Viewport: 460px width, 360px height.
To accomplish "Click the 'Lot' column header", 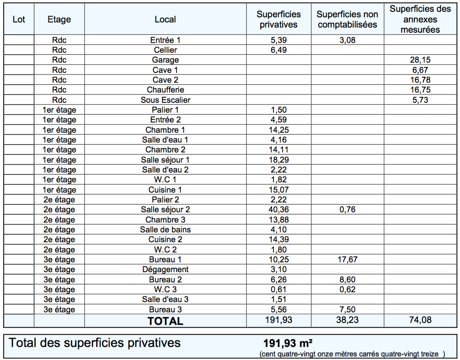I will pos(19,19).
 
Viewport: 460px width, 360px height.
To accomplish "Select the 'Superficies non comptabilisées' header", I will pos(347,19).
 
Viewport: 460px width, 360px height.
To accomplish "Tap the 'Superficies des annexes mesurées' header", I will pos(420,19).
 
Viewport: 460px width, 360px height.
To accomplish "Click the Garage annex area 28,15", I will pos(420,60).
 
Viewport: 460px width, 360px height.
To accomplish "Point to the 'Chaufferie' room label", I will pos(165,90).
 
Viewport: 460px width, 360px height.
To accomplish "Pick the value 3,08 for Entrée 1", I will pos(347,40).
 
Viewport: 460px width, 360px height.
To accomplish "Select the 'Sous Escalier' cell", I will pos(165,100).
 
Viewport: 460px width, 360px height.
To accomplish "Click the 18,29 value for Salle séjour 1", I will pos(279,160).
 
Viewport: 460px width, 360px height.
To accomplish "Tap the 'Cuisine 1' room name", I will pos(165,190).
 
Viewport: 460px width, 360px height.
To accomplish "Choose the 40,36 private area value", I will pos(279,209).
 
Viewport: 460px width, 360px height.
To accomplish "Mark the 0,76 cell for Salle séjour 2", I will pos(347,209).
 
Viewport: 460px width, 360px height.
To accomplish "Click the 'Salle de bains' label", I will pos(165,230).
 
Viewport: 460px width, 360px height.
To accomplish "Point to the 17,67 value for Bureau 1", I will pos(347,259).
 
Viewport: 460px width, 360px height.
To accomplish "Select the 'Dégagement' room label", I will pos(165,269).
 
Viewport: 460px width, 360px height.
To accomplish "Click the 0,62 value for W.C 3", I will pos(347,289).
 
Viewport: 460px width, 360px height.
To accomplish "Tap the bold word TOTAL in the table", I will pos(165,321).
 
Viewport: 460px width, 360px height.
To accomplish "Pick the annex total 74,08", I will pos(420,320).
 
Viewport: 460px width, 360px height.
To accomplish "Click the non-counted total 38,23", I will pos(347,320).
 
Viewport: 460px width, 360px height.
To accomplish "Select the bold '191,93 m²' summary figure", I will pos(288,343).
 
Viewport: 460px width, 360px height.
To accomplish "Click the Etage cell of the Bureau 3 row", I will pos(59,309).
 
